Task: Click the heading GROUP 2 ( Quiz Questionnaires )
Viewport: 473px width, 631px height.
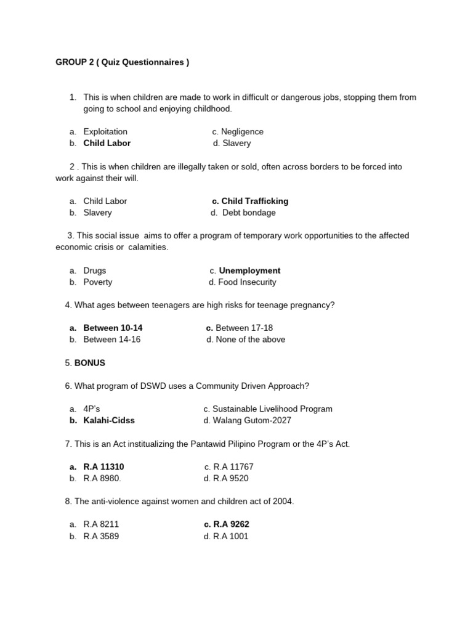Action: tap(122, 63)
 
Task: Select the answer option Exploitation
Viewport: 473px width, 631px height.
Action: tap(105, 131)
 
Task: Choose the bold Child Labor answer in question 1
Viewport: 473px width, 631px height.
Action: tap(107, 143)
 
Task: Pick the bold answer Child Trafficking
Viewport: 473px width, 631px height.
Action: tap(254, 201)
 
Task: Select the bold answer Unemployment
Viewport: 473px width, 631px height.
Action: tap(249, 271)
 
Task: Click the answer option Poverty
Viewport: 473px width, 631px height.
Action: tap(98, 282)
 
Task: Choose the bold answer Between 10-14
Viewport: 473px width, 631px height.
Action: tap(113, 328)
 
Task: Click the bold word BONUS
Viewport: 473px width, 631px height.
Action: tap(90, 363)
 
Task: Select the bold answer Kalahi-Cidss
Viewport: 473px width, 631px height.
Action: tap(109, 420)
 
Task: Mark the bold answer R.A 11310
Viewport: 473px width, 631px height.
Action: tap(103, 466)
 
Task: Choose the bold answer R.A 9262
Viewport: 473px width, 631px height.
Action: tap(231, 524)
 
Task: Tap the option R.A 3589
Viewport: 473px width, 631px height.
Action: tap(101, 536)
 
